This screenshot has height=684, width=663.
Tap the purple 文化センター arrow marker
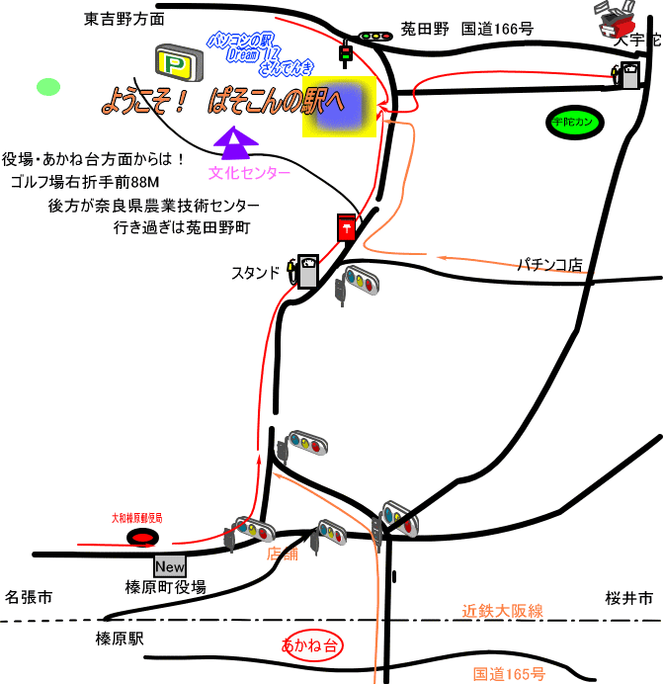[x=235, y=144]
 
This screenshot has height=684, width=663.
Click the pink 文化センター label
[x=249, y=173]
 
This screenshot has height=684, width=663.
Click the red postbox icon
[x=346, y=228]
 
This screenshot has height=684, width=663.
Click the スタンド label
[x=256, y=274]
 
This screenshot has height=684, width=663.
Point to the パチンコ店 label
[x=550, y=266]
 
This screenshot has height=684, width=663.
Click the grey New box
[x=170, y=567]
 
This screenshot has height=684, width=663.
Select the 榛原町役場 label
[x=165, y=587]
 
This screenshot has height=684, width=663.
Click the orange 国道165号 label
[x=509, y=674]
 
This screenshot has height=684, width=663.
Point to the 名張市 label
[x=29, y=598]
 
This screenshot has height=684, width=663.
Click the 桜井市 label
[x=629, y=598]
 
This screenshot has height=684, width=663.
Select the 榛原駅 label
[x=120, y=639]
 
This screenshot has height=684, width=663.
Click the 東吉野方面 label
[x=124, y=19]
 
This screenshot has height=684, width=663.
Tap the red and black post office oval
[x=143, y=537]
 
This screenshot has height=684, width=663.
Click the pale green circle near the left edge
[x=48, y=87]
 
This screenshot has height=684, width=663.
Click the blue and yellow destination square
[x=338, y=107]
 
